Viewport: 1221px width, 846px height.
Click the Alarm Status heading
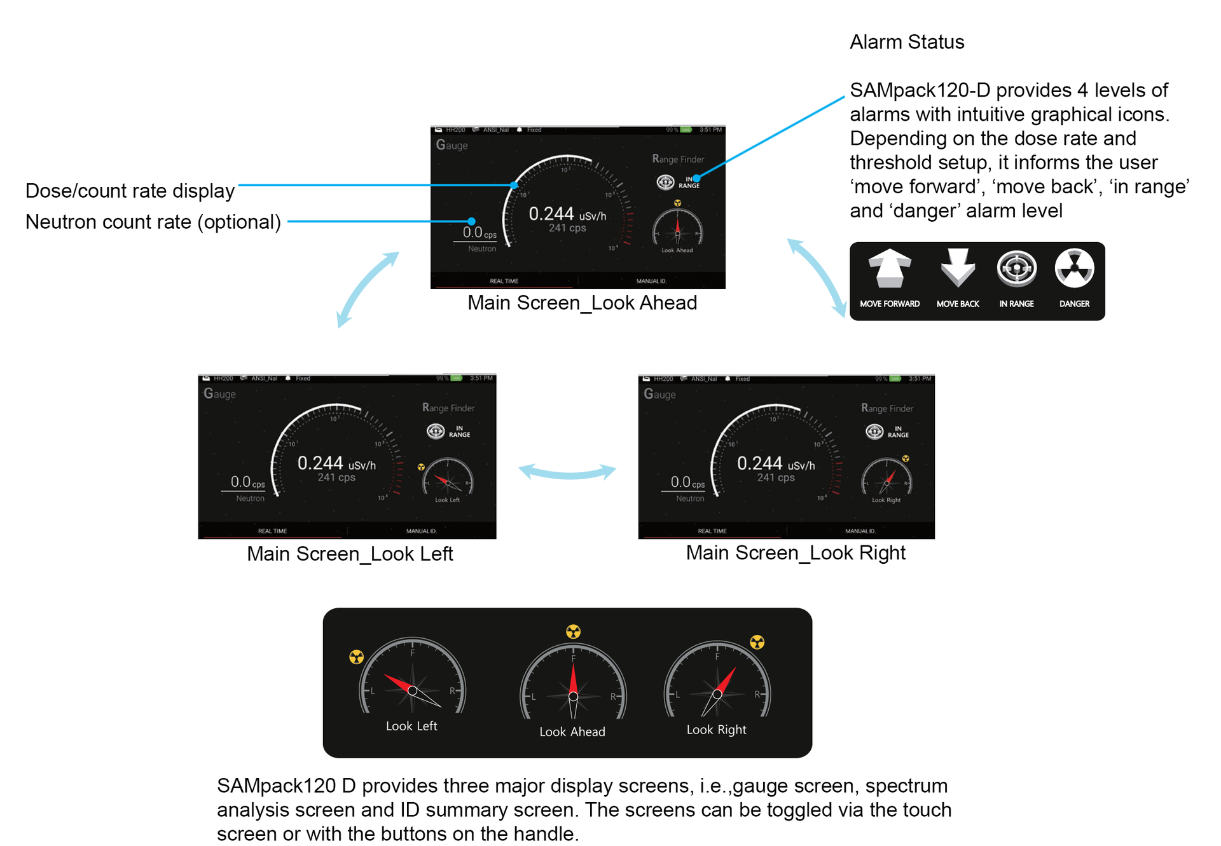pyautogui.click(x=906, y=42)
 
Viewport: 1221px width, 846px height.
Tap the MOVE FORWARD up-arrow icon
pyautogui.click(x=889, y=268)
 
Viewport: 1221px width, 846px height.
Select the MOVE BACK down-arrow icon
pyautogui.click(x=957, y=268)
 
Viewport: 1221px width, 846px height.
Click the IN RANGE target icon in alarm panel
pyautogui.click(x=1016, y=268)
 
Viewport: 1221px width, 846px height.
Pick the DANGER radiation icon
pyautogui.click(x=1074, y=268)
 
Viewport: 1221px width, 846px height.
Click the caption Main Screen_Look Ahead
pyautogui.click(x=582, y=303)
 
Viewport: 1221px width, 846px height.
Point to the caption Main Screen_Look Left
pyautogui.click(x=350, y=554)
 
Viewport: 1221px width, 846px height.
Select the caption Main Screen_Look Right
pyautogui.click(x=795, y=553)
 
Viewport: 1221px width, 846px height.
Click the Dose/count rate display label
pyautogui.click(x=130, y=191)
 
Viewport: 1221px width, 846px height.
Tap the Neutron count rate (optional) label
pyautogui.click(x=153, y=222)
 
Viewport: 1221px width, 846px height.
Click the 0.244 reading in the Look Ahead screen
pyautogui.click(x=551, y=214)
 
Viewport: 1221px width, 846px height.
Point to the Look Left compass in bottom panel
pyautogui.click(x=412, y=680)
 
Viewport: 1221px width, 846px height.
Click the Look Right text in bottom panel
pyautogui.click(x=716, y=730)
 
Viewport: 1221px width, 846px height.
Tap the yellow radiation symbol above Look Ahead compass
pyautogui.click(x=573, y=631)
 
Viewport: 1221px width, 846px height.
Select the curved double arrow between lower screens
pyautogui.click(x=567, y=472)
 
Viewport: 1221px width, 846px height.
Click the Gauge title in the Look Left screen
pyautogui.click(x=219, y=393)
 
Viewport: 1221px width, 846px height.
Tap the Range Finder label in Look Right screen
pyautogui.click(x=887, y=408)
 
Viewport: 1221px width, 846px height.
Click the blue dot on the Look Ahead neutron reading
pyautogui.click(x=471, y=221)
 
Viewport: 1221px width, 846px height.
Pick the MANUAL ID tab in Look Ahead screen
pyautogui.click(x=651, y=281)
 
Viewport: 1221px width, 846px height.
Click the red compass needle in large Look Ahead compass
pyautogui.click(x=573, y=680)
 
